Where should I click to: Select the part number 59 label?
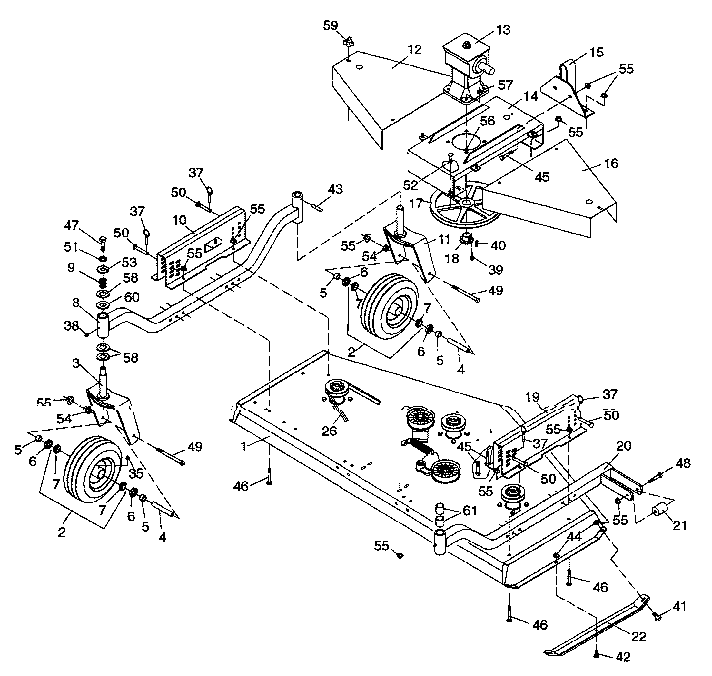pyautogui.click(x=331, y=25)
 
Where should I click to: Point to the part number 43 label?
pyautogui.click(x=335, y=189)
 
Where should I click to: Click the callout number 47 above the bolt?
pyautogui.click(x=71, y=225)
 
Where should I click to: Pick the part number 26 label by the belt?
pyautogui.click(x=329, y=431)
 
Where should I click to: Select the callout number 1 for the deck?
pyautogui.click(x=244, y=447)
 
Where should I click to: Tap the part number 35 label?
pyautogui.click(x=136, y=473)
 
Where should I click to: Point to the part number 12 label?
pyautogui.click(x=415, y=50)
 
